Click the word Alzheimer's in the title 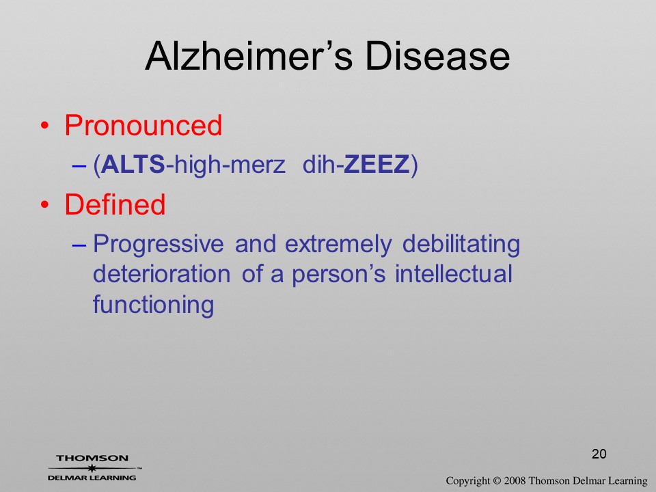coord(249,56)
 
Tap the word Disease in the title coord(437,56)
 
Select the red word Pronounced coord(143,126)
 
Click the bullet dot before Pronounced coord(45,126)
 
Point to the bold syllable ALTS coord(133,165)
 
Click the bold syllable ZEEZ coord(377,165)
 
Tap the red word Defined coord(115,204)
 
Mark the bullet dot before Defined coord(45,205)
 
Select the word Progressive coord(158,245)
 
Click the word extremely coord(338,245)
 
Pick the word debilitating coord(461,245)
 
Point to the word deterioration coord(161,275)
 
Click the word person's coord(338,275)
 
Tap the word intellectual coord(454,275)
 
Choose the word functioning coord(154,305)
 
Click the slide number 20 coord(599,454)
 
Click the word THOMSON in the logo coord(92,458)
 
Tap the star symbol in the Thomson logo coord(92,468)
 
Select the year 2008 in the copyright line coord(515,480)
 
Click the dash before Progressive coord(79,245)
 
